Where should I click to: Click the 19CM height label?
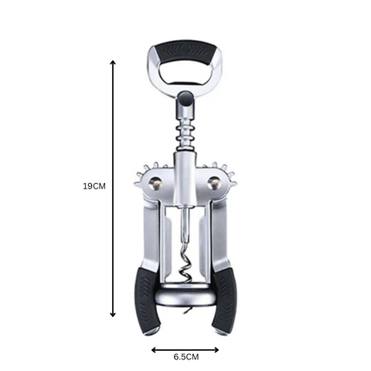(x=94, y=186)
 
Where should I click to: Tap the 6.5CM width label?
(x=186, y=357)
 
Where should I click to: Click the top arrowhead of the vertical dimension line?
(x=113, y=63)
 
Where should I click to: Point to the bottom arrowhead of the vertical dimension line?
(x=113, y=315)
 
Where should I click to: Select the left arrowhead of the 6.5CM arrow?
(x=154, y=349)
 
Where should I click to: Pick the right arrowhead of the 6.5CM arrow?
(x=216, y=349)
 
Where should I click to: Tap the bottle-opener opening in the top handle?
(x=184, y=73)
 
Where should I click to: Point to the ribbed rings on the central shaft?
(x=185, y=134)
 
